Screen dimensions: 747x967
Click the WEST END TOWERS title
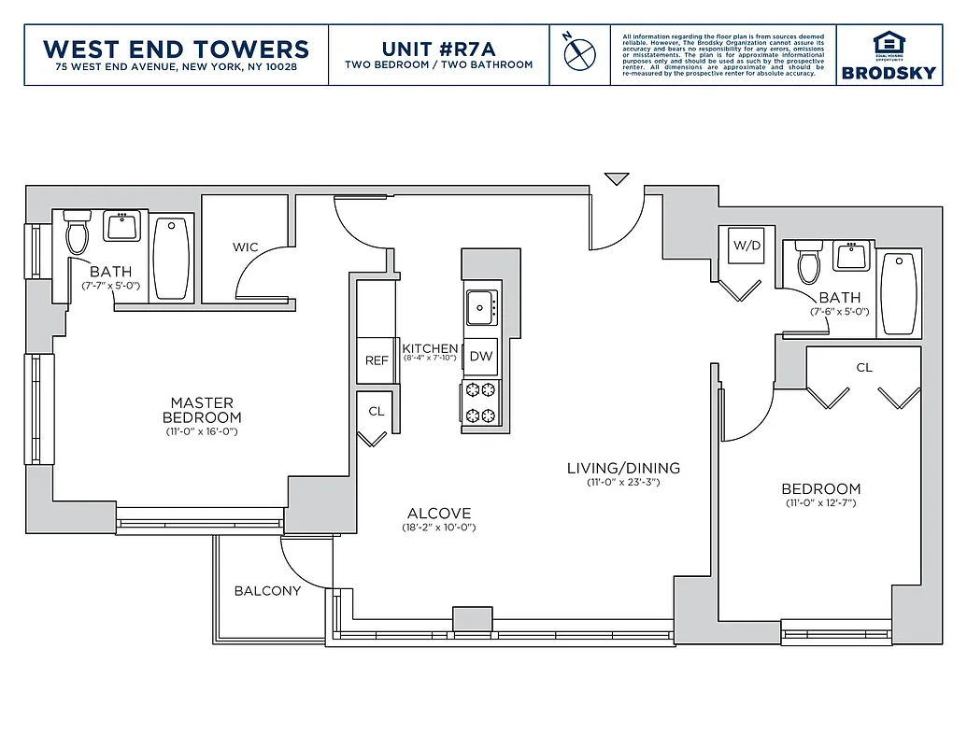pyautogui.click(x=176, y=49)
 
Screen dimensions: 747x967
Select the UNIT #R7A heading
pyautogui.click(x=438, y=49)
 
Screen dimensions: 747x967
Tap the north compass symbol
pyautogui.click(x=579, y=52)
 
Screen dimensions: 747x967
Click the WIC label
pyautogui.click(x=246, y=247)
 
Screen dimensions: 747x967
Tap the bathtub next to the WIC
pyautogui.click(x=172, y=258)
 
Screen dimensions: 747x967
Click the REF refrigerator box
pyautogui.click(x=377, y=360)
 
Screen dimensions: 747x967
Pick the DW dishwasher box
pyautogui.click(x=480, y=356)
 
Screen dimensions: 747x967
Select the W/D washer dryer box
pyautogui.click(x=747, y=247)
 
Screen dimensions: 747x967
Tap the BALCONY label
pyautogui.click(x=267, y=591)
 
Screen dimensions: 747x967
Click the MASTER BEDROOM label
pyautogui.click(x=202, y=410)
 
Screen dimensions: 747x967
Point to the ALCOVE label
pyautogui.click(x=439, y=514)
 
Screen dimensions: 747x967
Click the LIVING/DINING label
pyautogui.click(x=623, y=468)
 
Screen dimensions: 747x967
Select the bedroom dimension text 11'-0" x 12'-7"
pyautogui.click(x=821, y=503)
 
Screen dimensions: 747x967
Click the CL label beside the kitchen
pyautogui.click(x=377, y=411)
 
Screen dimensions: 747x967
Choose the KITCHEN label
pyautogui.click(x=430, y=348)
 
